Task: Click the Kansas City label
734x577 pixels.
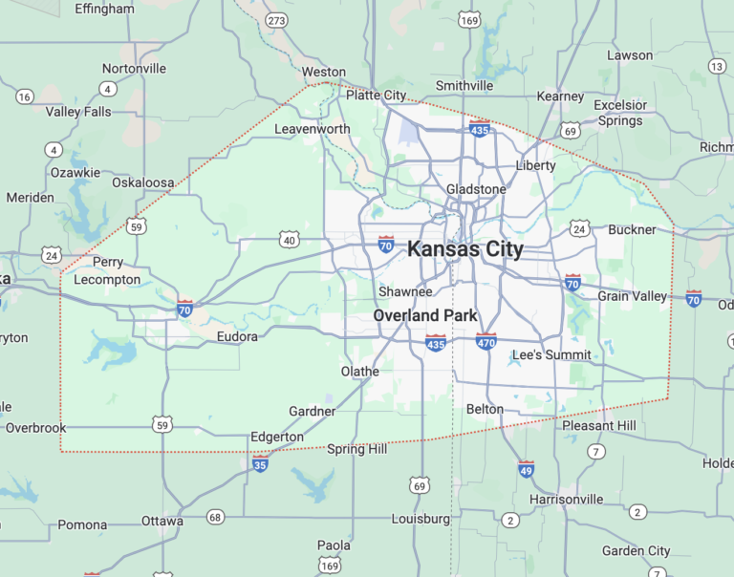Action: pos(465,249)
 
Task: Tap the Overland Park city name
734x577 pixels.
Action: pos(425,315)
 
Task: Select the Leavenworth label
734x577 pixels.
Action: pos(313,129)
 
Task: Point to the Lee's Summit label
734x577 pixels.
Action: pos(551,355)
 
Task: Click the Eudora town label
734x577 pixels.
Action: pos(237,336)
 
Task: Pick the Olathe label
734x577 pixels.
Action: pos(360,372)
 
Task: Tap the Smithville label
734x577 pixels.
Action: pos(464,86)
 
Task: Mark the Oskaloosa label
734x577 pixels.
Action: pos(143,182)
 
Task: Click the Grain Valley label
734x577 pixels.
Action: pos(633,296)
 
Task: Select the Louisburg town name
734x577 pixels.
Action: pos(421,519)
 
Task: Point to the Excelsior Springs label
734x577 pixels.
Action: pos(620,113)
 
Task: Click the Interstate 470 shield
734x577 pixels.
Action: pos(486,340)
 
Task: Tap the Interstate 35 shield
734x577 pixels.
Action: pos(260,463)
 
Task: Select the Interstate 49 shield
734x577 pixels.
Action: pos(527,468)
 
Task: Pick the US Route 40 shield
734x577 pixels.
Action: pos(290,240)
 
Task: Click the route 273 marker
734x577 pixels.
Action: pos(276,20)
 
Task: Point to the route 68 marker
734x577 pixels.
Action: pos(215,517)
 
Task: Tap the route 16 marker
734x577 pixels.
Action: pos(25,96)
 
